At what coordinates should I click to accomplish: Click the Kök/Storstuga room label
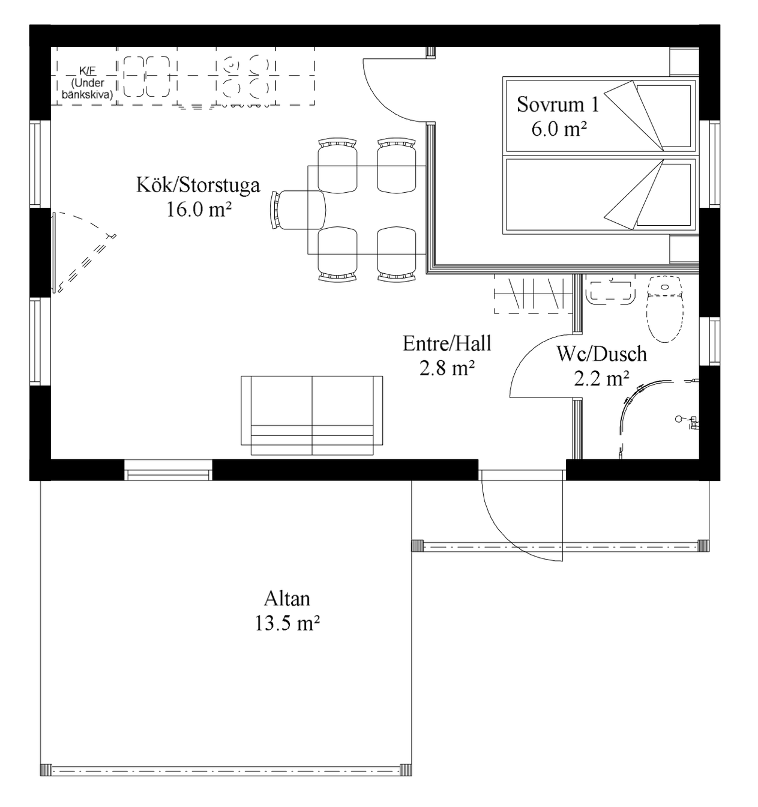pyautogui.click(x=198, y=186)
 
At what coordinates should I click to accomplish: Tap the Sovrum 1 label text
pyautogui.click(x=558, y=104)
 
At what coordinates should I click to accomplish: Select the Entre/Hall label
pyautogui.click(x=447, y=343)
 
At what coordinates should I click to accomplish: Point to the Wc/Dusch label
pyautogui.click(x=601, y=354)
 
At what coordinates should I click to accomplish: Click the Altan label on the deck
pyautogui.click(x=287, y=599)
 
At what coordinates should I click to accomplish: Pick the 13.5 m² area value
pyautogui.click(x=287, y=623)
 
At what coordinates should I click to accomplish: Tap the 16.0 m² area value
pyautogui.click(x=199, y=210)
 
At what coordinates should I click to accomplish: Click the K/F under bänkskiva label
pyautogui.click(x=88, y=83)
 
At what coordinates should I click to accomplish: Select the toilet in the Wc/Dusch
pyautogui.click(x=665, y=309)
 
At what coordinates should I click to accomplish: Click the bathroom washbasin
pyautogui.click(x=610, y=290)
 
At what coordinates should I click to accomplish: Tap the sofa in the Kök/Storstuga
pyautogui.click(x=312, y=415)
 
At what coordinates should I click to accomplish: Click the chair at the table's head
pyautogui.click(x=298, y=210)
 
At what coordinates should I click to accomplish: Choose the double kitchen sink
pyautogui.click(x=146, y=76)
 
